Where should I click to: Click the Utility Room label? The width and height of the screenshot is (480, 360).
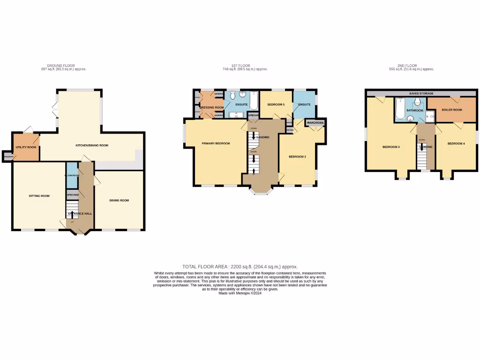coord(26,147)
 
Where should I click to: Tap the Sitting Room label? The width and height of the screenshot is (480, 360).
coord(39,196)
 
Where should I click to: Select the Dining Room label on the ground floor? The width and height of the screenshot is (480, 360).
coord(119,200)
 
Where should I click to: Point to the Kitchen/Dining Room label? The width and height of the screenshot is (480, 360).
coord(92,145)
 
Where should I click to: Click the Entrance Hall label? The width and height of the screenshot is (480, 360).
coord(80,214)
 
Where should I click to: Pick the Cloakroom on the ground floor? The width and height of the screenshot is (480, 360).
coord(72,175)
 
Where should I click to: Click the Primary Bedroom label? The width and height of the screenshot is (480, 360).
coord(216,143)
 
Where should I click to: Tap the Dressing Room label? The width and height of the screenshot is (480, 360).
coord(211,107)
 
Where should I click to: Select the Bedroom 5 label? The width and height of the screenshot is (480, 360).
coord(276,104)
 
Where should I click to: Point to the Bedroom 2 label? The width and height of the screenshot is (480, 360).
coord(297,157)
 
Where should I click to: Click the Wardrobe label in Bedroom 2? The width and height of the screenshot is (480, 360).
coord(315,123)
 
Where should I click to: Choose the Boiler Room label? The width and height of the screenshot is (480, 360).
coord(452,110)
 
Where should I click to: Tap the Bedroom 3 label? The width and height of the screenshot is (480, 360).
coord(391,147)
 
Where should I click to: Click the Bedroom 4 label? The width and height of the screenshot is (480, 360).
coord(456,143)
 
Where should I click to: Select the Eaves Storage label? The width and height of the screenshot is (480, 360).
coord(421,94)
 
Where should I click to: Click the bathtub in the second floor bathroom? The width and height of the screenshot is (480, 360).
coord(400,108)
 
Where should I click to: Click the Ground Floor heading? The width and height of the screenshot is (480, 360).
coord(60,66)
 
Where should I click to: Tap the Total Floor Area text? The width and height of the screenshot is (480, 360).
coord(240,267)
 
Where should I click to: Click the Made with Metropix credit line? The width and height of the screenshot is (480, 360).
coord(240,293)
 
